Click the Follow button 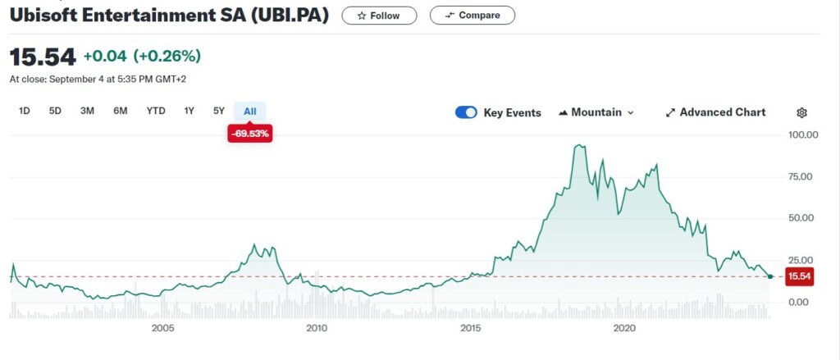point(379,16)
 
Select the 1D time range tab point(24,111)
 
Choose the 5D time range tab point(55,111)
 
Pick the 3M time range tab point(87,111)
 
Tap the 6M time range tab point(120,111)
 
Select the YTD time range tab point(156,111)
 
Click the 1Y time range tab point(189,111)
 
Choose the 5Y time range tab point(218,111)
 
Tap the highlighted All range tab point(250,111)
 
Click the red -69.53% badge point(250,134)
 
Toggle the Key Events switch point(466,112)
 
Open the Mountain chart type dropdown point(596,112)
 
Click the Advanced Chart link point(715,112)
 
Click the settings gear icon point(801,112)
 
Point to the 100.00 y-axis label point(802,134)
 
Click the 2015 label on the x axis point(470,328)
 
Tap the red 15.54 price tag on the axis point(799,276)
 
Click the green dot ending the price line point(769,276)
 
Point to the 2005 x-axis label point(163,328)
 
